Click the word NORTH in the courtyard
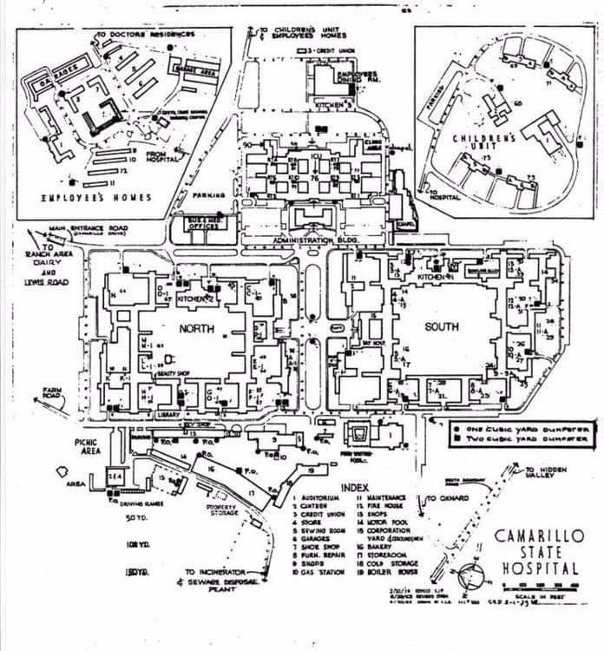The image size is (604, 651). click(196, 329)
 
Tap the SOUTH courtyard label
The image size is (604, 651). click(443, 327)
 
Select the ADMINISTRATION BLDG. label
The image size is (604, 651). click(316, 240)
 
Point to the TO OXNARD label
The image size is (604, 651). click(444, 499)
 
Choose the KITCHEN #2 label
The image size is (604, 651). click(194, 298)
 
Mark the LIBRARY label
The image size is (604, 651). click(169, 414)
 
